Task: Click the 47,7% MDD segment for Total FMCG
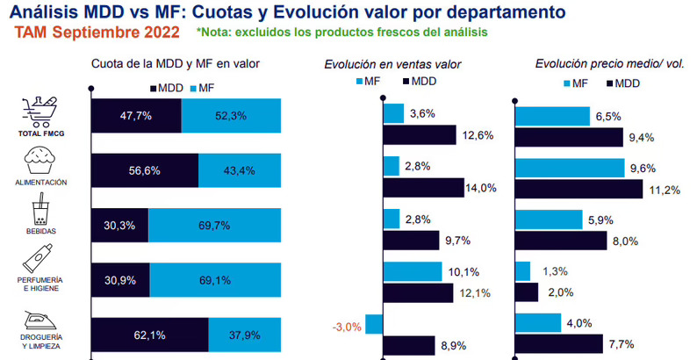135,115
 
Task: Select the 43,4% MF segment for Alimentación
239,170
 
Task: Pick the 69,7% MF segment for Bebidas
214,226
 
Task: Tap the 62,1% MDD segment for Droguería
148,335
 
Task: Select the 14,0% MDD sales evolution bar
423,187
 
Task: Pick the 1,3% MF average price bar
522,271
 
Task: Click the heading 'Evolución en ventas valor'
392,64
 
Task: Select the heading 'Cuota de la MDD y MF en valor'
176,64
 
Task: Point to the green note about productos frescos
341,32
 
